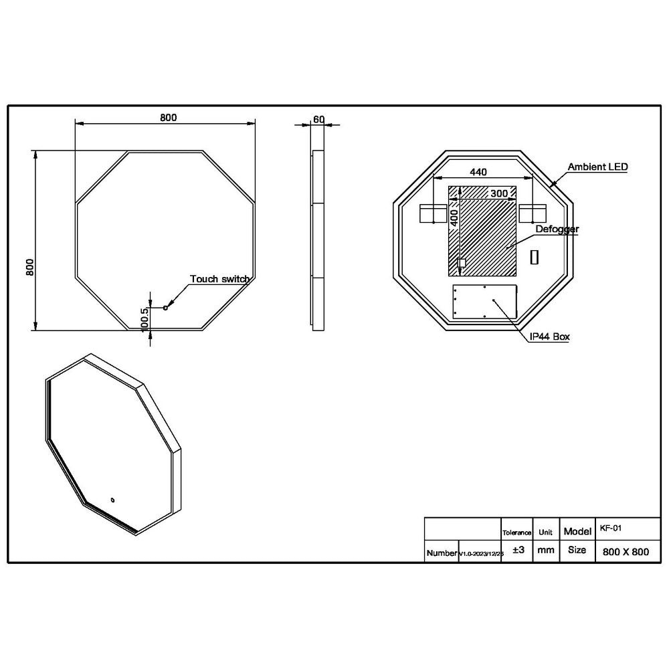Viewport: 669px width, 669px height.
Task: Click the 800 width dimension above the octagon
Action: click(168, 118)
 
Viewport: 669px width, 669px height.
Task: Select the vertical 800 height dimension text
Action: click(29, 268)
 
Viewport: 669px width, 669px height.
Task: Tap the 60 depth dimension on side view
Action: click(318, 119)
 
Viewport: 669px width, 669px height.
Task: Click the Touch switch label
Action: click(220, 279)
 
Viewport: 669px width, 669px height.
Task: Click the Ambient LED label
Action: click(597, 167)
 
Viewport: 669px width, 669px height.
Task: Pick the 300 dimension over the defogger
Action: click(498, 193)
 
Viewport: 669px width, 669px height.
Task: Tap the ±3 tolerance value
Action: click(517, 551)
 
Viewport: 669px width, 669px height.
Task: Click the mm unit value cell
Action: click(546, 551)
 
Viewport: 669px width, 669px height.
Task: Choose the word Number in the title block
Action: click(442, 554)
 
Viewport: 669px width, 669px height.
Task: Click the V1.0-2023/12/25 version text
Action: click(481, 555)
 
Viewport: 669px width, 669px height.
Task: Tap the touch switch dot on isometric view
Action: click(113, 498)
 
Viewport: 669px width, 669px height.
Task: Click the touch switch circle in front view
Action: click(165, 307)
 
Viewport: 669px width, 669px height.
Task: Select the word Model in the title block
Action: click(577, 531)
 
